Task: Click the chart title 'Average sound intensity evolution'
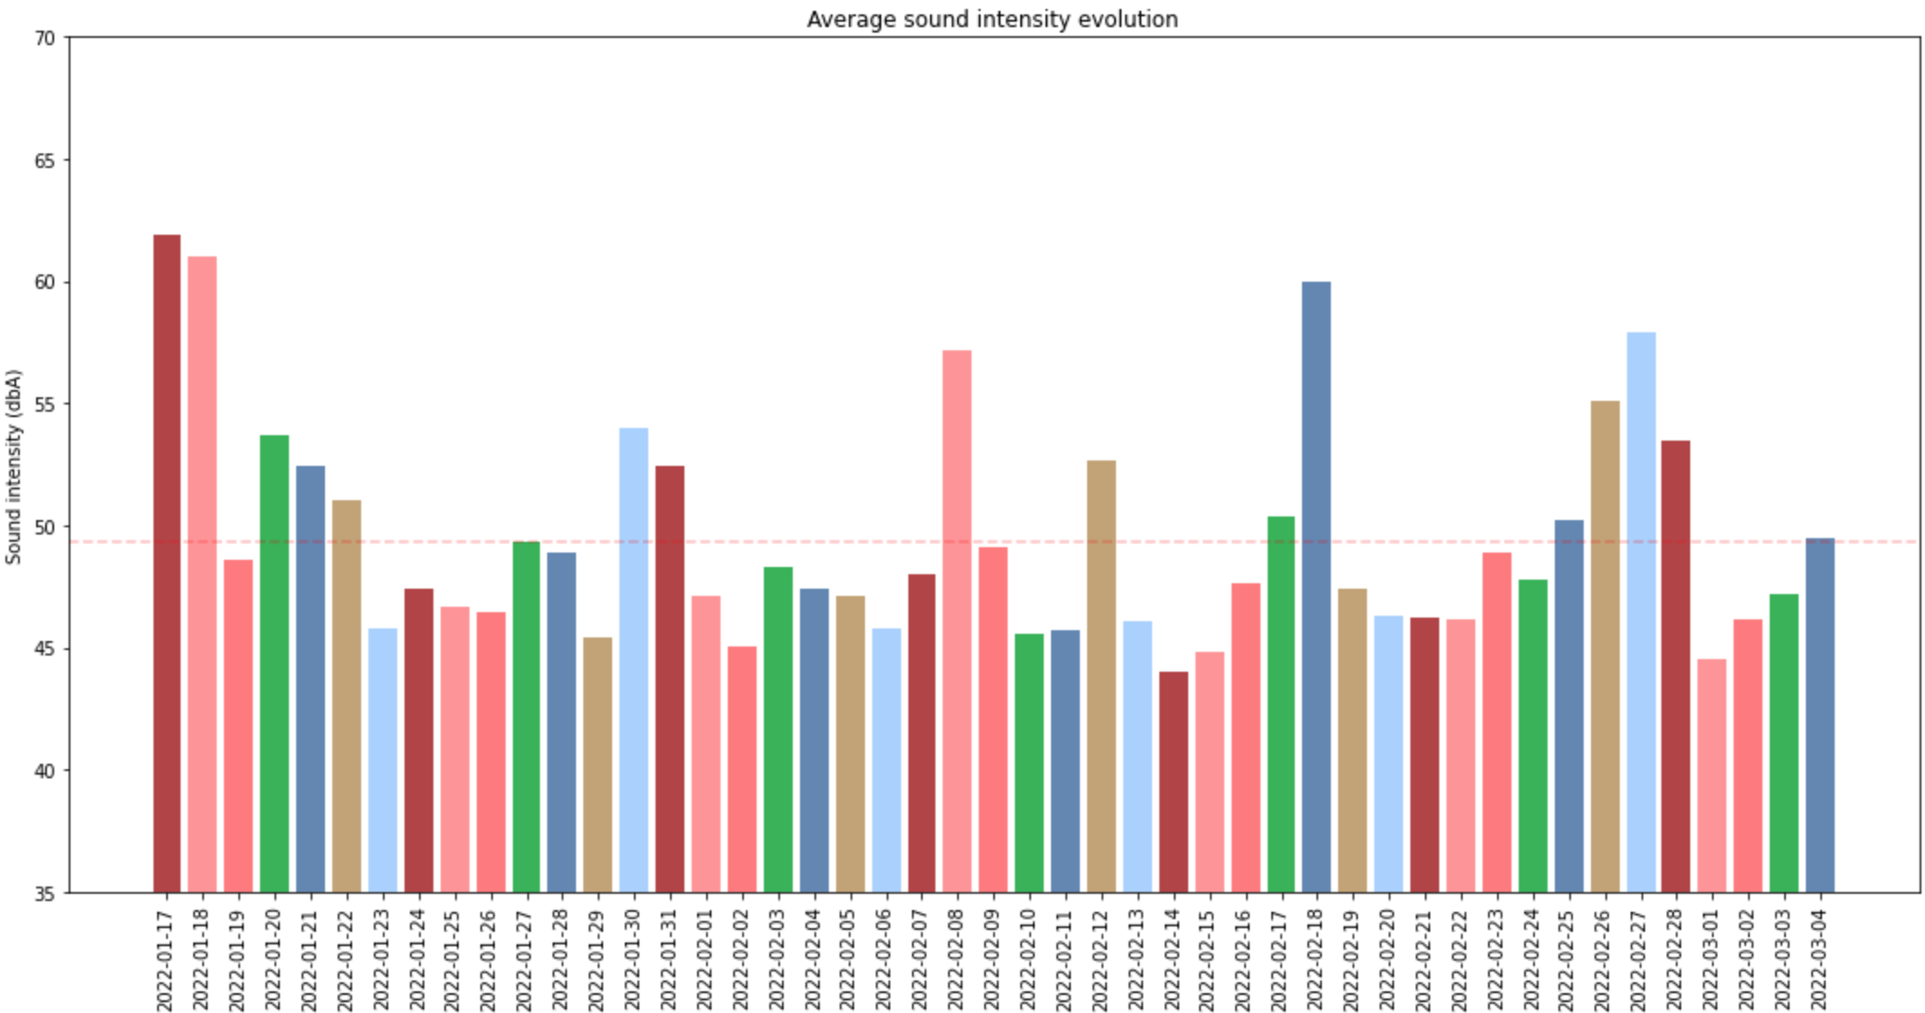pos(991,19)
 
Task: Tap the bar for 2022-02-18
pos(1316,587)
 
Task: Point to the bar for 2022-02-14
pos(1173,782)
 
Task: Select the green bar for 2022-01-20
pos(274,664)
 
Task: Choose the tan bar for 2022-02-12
pos(1101,676)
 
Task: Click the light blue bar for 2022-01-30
pos(633,660)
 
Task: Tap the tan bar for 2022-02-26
pos(1604,646)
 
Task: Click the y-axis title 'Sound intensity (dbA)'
pos(14,466)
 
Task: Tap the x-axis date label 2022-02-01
pos(705,959)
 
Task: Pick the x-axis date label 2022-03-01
pos(1712,959)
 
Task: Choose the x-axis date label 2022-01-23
pos(382,959)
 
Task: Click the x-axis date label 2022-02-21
pos(1424,959)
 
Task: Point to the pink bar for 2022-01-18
pos(202,574)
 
